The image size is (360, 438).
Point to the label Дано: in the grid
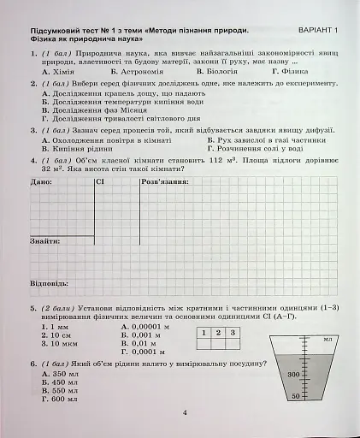pyautogui.click(x=41, y=182)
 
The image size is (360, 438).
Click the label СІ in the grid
pyautogui.click(x=100, y=182)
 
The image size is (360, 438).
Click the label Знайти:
pyautogui.click(x=45, y=241)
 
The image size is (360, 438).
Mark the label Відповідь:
pyautogui.click(x=50, y=281)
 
